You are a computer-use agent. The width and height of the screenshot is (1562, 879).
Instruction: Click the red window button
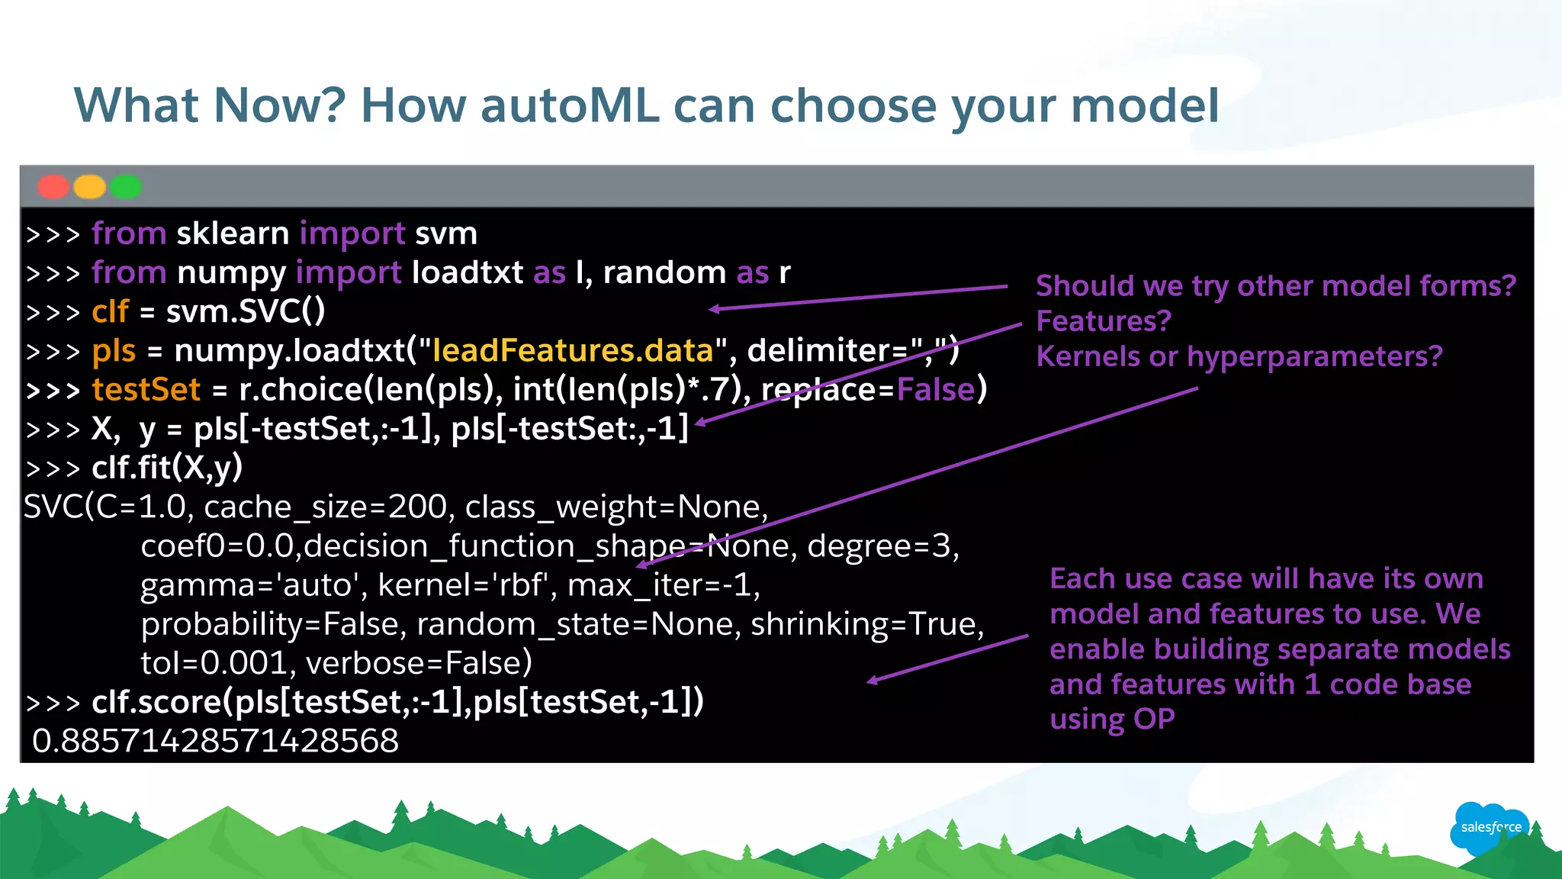pyautogui.click(x=53, y=187)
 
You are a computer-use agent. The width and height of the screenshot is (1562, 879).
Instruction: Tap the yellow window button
pyautogui.click(x=90, y=187)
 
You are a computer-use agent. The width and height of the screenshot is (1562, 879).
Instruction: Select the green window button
pyautogui.click(x=126, y=187)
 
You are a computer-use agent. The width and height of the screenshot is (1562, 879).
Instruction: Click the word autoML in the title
pyautogui.click(x=570, y=105)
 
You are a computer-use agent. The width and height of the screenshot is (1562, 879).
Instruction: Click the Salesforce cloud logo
pyautogui.click(x=1490, y=827)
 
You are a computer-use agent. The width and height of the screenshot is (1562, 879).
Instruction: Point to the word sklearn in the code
pyautogui.click(x=233, y=233)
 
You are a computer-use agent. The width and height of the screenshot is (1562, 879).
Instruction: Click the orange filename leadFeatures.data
pyautogui.click(x=572, y=351)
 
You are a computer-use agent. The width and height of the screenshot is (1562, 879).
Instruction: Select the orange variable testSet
pyautogui.click(x=146, y=390)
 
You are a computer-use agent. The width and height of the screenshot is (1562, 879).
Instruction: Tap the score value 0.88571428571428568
pyautogui.click(x=215, y=741)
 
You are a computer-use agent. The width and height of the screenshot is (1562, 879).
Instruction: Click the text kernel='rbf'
pyautogui.click(x=462, y=585)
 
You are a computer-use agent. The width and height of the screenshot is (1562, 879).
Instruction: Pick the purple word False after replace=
pyautogui.click(x=936, y=390)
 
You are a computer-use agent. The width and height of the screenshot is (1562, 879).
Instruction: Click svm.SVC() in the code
pyautogui.click(x=246, y=311)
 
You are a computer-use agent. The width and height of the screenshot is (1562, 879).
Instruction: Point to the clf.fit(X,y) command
pyautogui.click(x=167, y=468)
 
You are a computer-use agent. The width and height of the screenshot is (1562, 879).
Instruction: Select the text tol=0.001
pyautogui.click(x=214, y=663)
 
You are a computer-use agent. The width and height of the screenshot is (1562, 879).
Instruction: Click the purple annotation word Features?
pyautogui.click(x=1103, y=321)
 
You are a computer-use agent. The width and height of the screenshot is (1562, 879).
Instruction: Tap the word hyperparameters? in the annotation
pyautogui.click(x=1314, y=356)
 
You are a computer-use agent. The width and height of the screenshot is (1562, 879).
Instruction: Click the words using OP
pyautogui.click(x=1112, y=720)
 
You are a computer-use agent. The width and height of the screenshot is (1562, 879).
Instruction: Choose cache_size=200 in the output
pyautogui.click(x=326, y=507)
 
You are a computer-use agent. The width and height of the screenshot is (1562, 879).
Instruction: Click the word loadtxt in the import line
pyautogui.click(x=467, y=272)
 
